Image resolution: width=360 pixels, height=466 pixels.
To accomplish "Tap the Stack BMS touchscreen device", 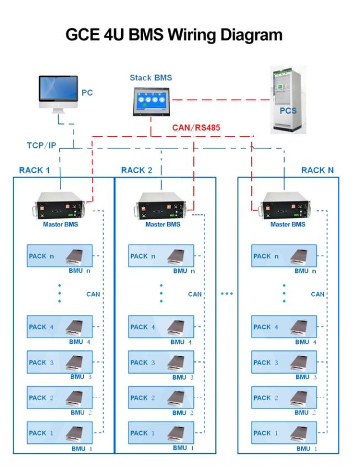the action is coord(151,101).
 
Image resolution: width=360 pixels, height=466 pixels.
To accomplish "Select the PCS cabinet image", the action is coord(288,100).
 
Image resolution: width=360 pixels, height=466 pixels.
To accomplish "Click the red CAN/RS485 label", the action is coord(196,127).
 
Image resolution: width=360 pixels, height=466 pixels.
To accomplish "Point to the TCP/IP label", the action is coord(42,146).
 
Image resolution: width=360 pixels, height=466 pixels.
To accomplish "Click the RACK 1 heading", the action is coord(34,170).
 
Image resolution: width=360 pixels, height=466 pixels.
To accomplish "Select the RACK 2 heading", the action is coord(137,170).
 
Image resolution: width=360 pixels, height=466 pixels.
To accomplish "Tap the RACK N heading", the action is coord(317,170).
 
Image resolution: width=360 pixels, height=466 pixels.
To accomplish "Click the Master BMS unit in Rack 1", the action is coord(60,206).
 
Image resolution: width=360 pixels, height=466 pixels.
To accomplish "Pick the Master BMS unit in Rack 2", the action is coord(161,206).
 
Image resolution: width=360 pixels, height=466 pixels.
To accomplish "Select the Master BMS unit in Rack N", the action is coord(286,206).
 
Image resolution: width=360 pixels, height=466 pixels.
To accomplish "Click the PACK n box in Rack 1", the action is coord(59,256).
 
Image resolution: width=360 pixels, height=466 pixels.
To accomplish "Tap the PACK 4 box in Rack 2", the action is coord(161,327).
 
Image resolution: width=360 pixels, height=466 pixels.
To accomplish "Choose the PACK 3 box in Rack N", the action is coord(284,362).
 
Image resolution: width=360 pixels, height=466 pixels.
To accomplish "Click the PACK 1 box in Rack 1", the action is coord(59,433).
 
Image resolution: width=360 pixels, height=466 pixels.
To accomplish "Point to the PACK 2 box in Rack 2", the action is coord(161,397).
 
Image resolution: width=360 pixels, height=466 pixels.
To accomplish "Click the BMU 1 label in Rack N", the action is coord(307,449).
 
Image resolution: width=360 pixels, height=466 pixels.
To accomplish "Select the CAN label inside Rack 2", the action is coord(195,294).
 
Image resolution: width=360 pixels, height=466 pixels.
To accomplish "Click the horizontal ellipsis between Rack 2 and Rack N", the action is coord(227,294).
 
